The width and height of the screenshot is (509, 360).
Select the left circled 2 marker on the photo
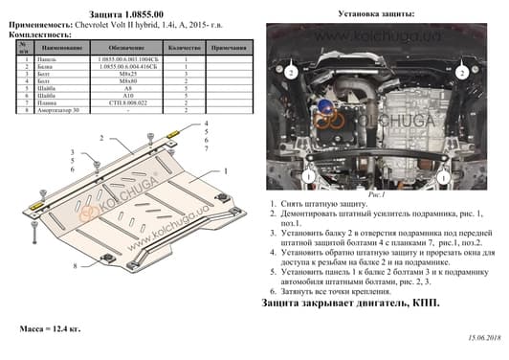[x=286, y=71]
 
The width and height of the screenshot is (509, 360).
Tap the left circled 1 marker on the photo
[x=309, y=176]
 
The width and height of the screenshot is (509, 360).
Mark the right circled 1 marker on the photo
[x=462, y=176]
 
